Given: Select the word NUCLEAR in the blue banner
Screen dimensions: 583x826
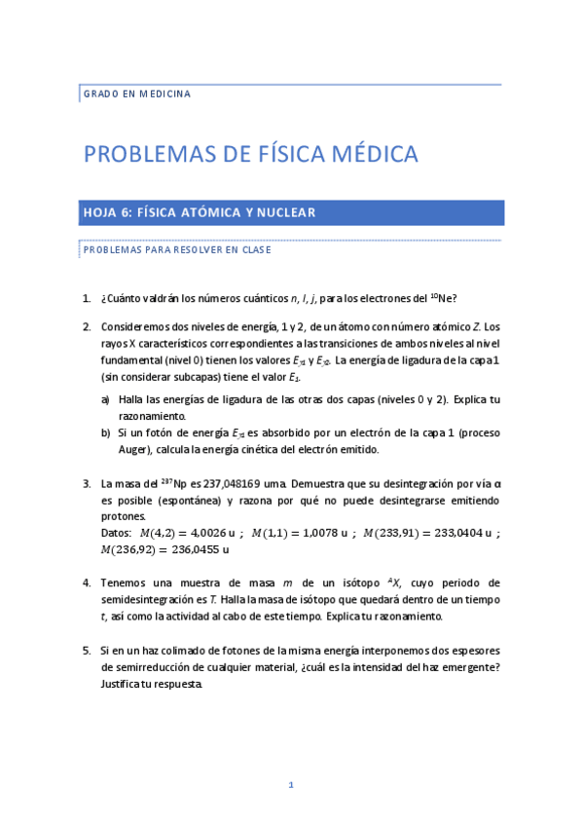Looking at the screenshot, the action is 284,212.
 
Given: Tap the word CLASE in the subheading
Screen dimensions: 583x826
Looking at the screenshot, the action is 254,249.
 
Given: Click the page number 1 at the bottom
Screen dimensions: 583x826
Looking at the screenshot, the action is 290,784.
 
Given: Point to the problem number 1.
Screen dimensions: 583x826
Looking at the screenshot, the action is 87,298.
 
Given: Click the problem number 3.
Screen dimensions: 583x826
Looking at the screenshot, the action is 87,481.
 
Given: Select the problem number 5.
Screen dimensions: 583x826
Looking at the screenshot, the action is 87,650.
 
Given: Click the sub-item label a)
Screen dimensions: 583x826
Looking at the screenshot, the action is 105,399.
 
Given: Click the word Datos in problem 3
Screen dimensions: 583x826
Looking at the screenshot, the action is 116,533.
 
